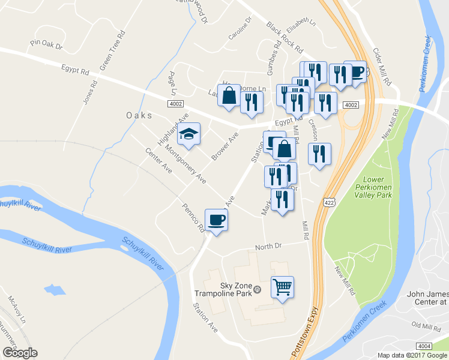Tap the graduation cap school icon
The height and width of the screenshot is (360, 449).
189,134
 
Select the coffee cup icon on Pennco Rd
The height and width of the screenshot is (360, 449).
216,220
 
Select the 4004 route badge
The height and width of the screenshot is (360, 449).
424,346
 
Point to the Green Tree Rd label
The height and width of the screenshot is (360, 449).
112,49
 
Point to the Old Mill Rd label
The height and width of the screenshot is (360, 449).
426,325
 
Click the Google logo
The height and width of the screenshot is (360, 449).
20,353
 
